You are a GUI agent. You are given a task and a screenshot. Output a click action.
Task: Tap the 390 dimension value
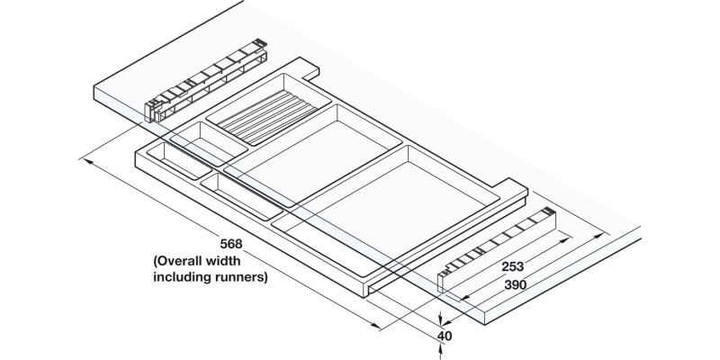tap(516, 284)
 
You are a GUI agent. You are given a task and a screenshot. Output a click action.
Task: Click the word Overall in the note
tap(185, 261)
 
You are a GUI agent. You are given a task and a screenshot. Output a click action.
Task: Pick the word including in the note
tap(180, 277)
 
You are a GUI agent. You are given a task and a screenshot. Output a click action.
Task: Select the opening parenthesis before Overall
tap(154, 261)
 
